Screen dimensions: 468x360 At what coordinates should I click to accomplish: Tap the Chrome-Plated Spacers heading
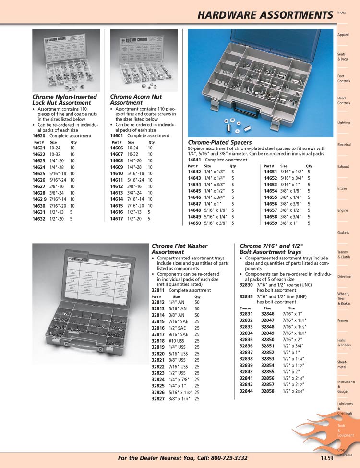click(x=219, y=143)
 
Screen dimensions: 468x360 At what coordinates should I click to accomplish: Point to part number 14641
click(x=194, y=160)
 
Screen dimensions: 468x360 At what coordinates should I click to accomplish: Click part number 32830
click(x=246, y=285)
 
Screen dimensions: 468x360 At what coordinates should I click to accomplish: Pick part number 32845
click(x=246, y=296)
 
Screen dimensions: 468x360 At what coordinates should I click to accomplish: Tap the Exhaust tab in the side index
click(x=343, y=167)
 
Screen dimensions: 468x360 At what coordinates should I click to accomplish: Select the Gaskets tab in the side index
click(x=343, y=233)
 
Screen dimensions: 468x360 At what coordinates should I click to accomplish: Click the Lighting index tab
click(x=344, y=123)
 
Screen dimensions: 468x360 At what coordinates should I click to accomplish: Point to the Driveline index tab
click(x=344, y=277)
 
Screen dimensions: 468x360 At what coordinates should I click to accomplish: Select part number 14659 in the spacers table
click(x=271, y=223)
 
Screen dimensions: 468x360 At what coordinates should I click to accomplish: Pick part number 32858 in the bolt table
click(x=268, y=391)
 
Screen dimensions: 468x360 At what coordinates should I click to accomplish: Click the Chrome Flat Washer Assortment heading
click(x=179, y=249)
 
